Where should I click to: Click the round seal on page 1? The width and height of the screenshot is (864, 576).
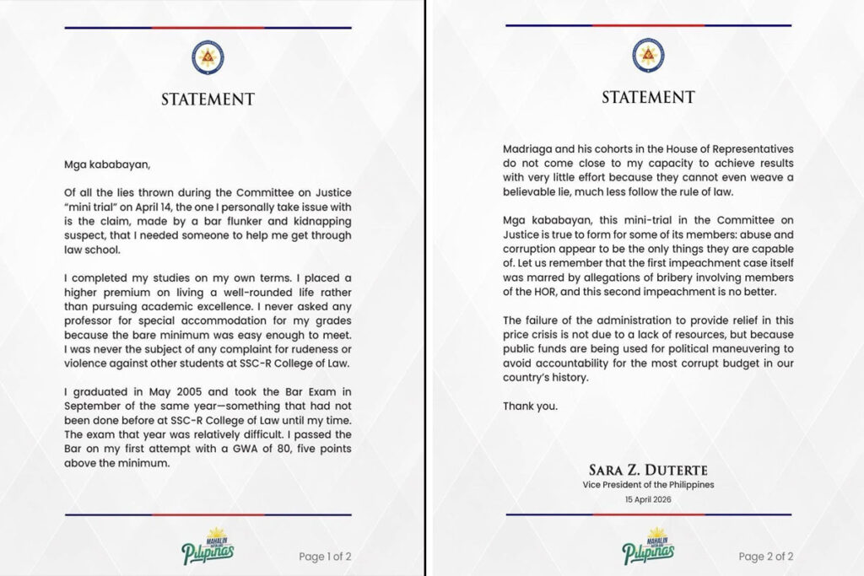tap(208, 57)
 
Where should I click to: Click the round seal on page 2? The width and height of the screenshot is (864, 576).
tap(648, 55)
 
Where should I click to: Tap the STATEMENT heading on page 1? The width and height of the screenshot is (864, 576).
tap(208, 100)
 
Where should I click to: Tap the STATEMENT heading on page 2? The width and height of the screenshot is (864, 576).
tap(648, 98)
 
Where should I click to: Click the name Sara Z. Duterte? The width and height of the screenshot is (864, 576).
tap(648, 470)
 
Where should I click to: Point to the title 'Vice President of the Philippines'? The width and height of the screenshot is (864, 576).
tap(648, 485)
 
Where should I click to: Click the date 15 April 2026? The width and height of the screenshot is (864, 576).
tap(648, 499)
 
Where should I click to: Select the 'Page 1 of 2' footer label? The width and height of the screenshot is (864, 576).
tap(325, 557)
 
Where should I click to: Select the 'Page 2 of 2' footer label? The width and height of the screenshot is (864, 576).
tap(765, 557)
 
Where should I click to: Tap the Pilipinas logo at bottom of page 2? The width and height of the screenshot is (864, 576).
tap(648, 546)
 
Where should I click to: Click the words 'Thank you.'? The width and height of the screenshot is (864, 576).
tap(530, 406)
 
